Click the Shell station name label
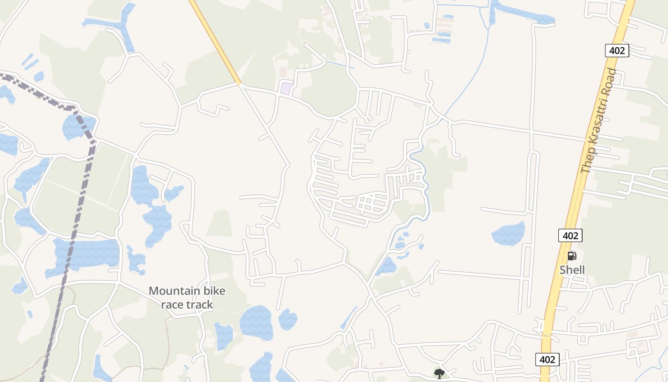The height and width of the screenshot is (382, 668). [572, 270]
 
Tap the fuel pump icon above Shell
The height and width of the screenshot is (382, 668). [572, 256]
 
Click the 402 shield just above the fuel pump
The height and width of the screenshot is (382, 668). [570, 235]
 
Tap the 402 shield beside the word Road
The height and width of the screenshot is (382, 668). [617, 50]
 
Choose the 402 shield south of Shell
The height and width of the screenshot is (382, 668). [547, 359]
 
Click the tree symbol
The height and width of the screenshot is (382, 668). [439, 373]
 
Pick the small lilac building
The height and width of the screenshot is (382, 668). [286, 88]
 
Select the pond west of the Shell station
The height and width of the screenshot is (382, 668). [509, 233]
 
